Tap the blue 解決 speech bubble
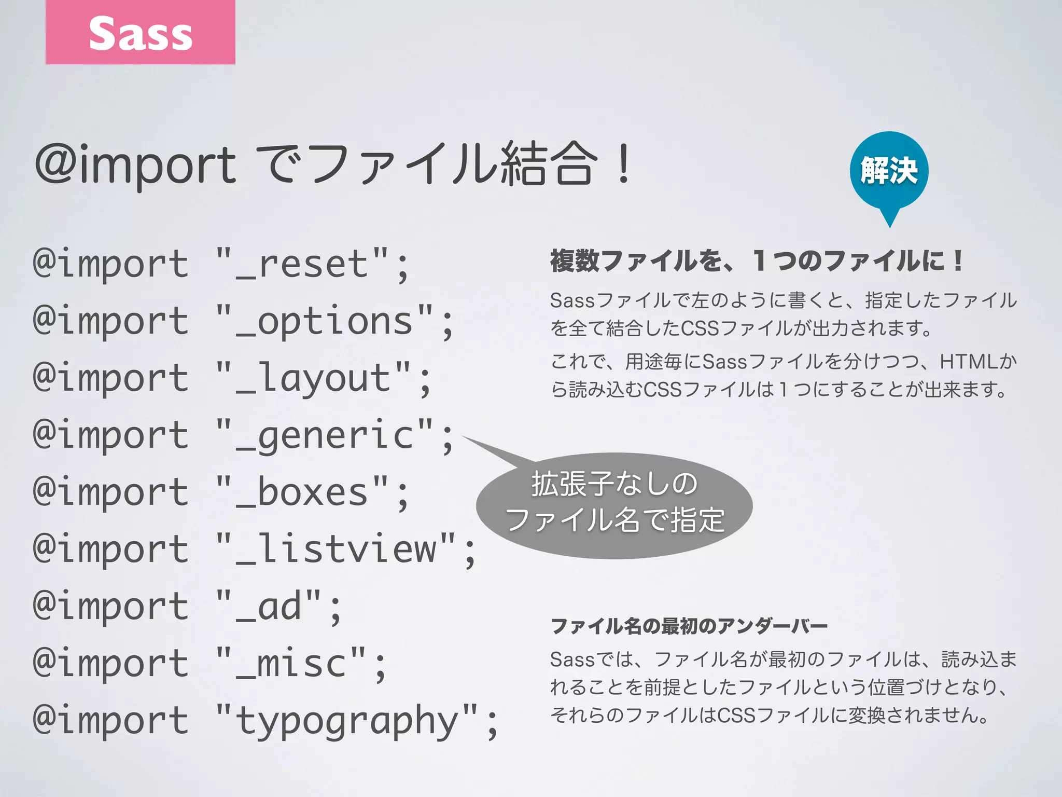coord(889,170)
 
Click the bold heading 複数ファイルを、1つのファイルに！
coord(756,260)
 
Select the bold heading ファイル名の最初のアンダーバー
coord(689,626)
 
